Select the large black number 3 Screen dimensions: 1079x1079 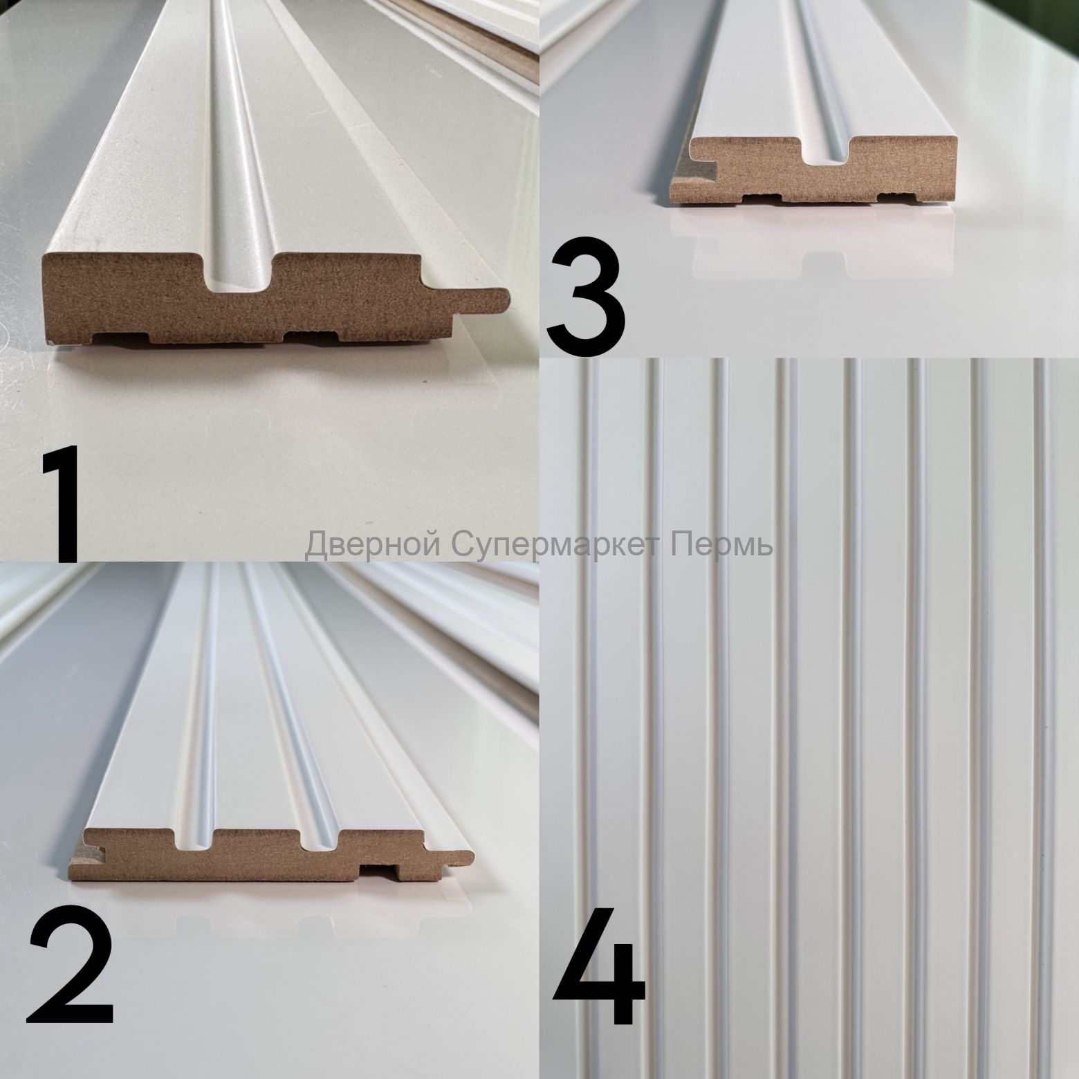point(587,300)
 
